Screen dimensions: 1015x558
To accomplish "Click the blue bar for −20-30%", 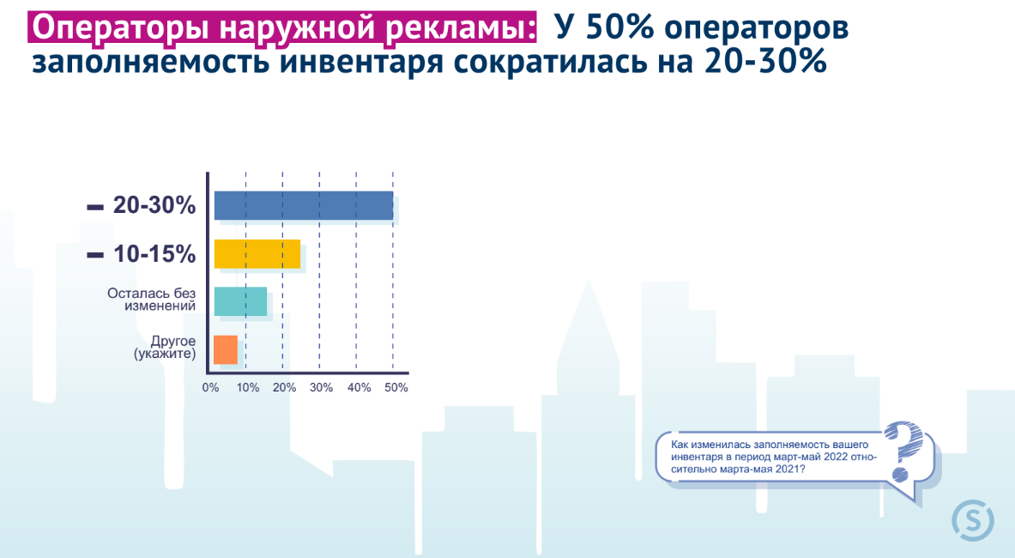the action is pos(304,206).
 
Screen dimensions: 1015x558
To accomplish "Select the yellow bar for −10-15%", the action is pos(257,254).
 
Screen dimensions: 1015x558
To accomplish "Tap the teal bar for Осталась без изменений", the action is pos(240,301).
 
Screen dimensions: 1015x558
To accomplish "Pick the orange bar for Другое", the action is pos(226,349).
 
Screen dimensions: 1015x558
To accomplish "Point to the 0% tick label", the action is pos(210,388).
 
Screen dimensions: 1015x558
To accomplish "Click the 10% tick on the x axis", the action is pos(247,388).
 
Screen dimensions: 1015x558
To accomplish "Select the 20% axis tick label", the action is pos(284,388).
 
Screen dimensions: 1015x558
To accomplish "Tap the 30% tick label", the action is pos(321,388).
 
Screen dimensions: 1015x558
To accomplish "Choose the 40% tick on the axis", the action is pos(359,388).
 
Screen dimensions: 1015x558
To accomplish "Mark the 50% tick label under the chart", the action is pos(396,388).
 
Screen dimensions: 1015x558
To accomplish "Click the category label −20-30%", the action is pos(141,205).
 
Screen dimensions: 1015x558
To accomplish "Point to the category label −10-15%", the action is pos(141,254).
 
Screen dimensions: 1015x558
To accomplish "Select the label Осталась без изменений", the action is pos(152,299).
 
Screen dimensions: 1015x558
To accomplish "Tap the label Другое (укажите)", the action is pos(165,348).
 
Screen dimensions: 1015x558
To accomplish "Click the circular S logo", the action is pos(973,520).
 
